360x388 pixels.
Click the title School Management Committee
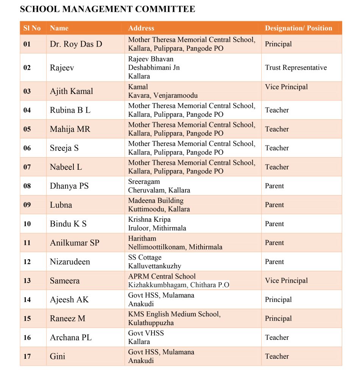[108, 9]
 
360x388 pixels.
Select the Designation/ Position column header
[298, 28]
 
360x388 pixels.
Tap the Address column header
[141, 28]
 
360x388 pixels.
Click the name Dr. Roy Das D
[76, 44]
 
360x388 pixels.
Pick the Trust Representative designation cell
[296, 67]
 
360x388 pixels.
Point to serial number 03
[27, 91]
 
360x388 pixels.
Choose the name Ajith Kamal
[72, 91]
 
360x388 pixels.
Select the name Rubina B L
[70, 110]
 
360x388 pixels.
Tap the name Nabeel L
[66, 167]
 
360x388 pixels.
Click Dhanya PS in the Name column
[69, 186]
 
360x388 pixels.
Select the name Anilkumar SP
[75, 243]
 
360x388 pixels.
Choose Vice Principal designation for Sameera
[286, 281]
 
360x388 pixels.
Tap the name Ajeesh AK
[69, 300]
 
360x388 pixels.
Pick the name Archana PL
[71, 338]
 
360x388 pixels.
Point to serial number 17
[27, 357]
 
